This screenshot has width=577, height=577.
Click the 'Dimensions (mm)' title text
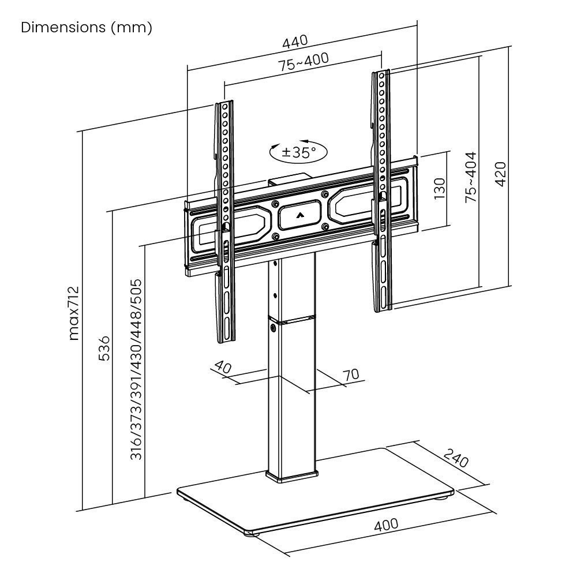[x=87, y=28]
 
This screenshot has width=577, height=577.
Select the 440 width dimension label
[x=295, y=43]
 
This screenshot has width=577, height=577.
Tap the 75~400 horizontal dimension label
[x=304, y=62]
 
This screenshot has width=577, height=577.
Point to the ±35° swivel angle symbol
[x=298, y=152]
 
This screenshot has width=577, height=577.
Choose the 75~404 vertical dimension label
[x=471, y=177]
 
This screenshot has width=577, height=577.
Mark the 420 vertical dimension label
[x=501, y=174]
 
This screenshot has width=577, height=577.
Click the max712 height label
[x=74, y=313]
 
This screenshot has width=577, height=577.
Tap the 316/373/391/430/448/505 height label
[x=136, y=369]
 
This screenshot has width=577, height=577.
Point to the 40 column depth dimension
[x=223, y=367]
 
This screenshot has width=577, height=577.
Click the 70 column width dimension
[x=351, y=374]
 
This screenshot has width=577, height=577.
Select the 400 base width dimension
[x=386, y=525]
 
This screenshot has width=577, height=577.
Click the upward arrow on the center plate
[x=298, y=215]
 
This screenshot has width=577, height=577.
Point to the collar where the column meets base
[x=291, y=476]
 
